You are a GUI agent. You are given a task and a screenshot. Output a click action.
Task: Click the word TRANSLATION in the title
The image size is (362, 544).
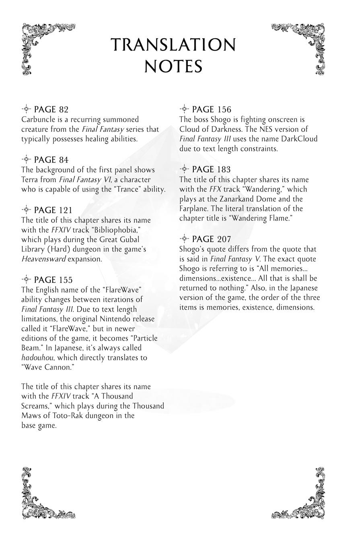[173, 45]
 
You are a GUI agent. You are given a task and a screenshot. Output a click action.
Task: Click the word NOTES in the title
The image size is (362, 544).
[173, 66]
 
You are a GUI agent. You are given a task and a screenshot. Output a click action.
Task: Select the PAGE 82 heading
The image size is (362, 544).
[51, 110]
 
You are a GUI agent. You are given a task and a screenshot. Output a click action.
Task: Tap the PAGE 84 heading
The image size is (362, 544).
[51, 160]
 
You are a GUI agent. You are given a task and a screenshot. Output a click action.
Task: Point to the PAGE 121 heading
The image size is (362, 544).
[53, 210]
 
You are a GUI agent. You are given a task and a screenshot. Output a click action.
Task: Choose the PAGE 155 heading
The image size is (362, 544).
[53, 280]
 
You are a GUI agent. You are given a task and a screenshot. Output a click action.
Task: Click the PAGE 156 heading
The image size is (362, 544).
[212, 110]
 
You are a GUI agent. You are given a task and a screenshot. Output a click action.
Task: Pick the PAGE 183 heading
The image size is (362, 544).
[212, 170]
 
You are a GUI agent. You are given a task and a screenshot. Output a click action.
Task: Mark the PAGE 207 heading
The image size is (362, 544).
[212, 239]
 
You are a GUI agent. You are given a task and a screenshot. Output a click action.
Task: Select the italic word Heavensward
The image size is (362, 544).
[43, 259]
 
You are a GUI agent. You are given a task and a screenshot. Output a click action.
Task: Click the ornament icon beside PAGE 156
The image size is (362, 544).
[184, 109]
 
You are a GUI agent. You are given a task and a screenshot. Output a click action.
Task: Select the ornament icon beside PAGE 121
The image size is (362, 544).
[26, 210]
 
